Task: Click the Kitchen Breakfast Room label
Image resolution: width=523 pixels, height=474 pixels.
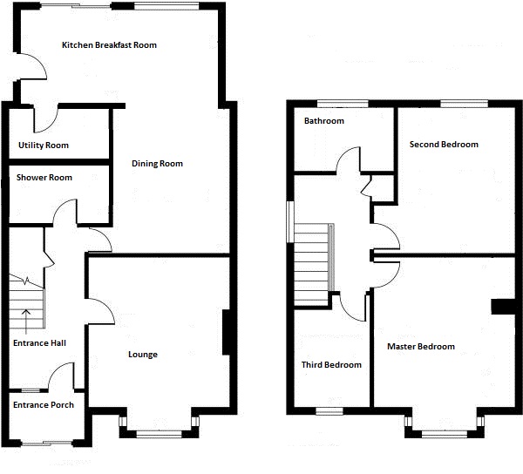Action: point(109,44)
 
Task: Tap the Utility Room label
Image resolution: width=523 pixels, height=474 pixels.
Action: point(43,145)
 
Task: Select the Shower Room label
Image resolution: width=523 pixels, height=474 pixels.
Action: point(44,178)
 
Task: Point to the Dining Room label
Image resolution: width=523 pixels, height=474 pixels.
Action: point(157,164)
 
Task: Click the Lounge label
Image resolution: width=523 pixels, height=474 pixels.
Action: point(143,355)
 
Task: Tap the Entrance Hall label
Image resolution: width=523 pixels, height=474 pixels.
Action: point(39,343)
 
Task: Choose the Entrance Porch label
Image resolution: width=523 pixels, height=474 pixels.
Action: point(43,404)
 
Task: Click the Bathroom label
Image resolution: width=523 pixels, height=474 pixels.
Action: point(323,121)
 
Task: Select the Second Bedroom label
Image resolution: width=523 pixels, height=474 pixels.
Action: point(444,144)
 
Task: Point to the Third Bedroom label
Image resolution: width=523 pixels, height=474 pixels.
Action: point(331,365)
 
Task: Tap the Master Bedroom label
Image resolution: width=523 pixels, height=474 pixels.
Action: point(421,347)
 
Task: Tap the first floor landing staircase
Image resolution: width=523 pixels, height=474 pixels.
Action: point(313,262)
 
